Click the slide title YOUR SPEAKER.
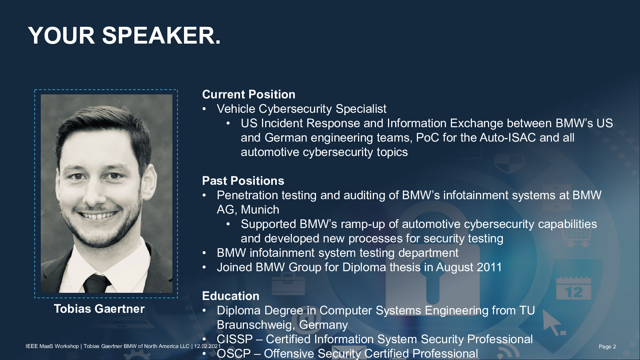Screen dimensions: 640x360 coord(124,36)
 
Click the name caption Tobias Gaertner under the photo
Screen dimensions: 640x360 coord(99,309)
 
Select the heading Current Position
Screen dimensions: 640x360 coord(248,94)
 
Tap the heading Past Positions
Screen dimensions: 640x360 coord(243,181)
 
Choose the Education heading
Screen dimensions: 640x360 coord(230,296)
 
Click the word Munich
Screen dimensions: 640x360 coord(260,210)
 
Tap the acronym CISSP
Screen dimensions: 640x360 coord(234,340)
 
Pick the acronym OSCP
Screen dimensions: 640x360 coord(234,354)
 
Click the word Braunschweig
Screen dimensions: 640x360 coord(256,325)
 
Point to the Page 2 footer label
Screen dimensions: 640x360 coord(608,346)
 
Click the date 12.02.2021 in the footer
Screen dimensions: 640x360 coord(208,346)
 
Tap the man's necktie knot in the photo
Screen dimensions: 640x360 coord(95,282)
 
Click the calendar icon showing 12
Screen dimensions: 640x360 coord(574,288)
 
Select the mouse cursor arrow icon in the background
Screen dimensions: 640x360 coord(553,323)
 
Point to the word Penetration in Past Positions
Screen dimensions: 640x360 coord(247,196)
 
